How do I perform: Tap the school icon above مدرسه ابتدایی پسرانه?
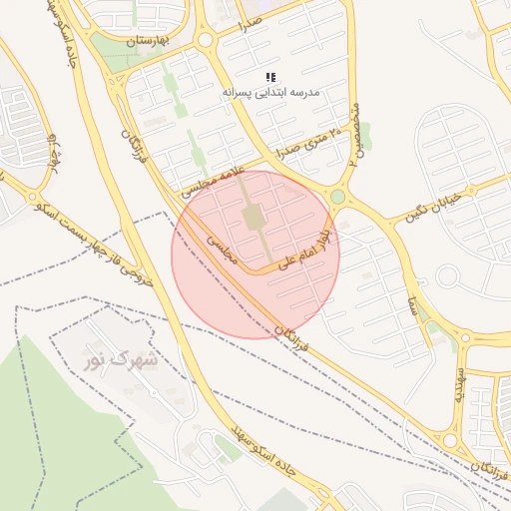click(270, 77)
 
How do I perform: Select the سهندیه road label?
click(459, 384)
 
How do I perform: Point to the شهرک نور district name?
click(122, 355)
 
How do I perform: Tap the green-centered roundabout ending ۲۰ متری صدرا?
click(337, 197)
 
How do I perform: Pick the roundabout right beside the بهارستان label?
click(206, 40)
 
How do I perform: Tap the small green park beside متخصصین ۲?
click(365, 133)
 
